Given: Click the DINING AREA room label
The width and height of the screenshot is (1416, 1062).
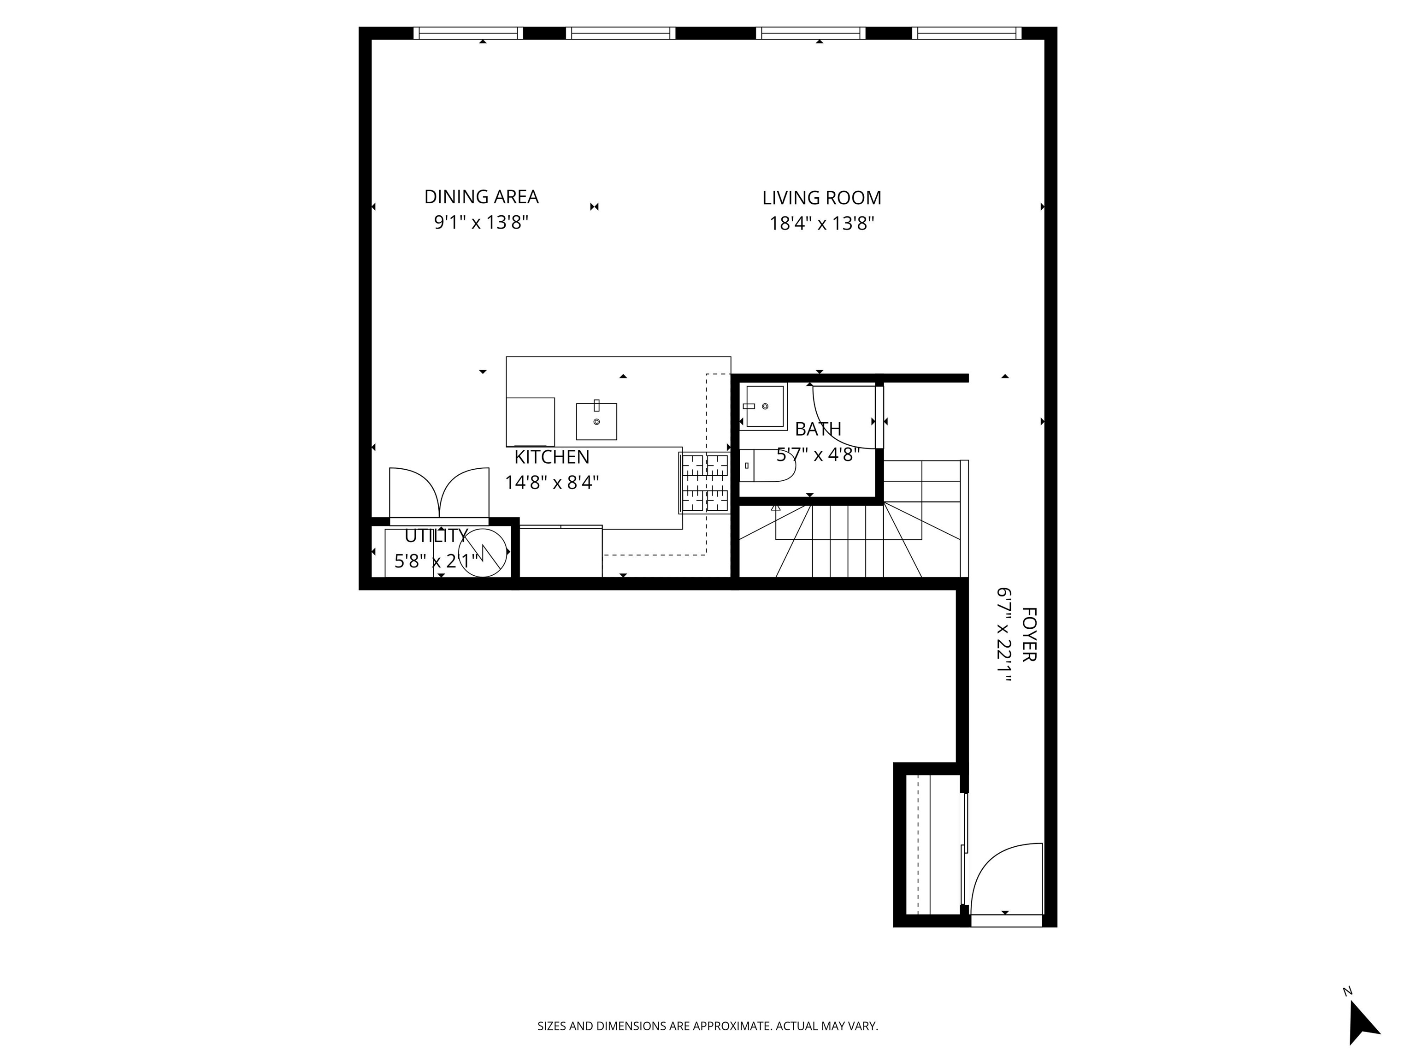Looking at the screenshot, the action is (x=481, y=196).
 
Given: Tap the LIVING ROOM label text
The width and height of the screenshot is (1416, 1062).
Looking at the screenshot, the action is (x=821, y=198).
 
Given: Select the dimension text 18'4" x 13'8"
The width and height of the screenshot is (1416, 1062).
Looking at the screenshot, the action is (x=821, y=224).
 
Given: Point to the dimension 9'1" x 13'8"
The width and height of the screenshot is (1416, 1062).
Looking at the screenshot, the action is (x=481, y=222).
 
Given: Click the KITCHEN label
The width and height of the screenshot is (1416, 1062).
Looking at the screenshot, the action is (x=552, y=457).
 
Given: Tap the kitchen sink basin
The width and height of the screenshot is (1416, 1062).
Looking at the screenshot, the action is (x=596, y=421).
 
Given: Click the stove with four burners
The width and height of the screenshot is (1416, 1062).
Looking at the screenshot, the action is (x=704, y=484).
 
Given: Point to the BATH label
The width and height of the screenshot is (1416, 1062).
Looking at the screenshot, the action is (x=818, y=429).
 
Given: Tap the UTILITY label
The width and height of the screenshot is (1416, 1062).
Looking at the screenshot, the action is (x=436, y=535).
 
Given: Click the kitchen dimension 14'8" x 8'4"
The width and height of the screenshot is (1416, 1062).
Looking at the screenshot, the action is (x=552, y=482).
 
